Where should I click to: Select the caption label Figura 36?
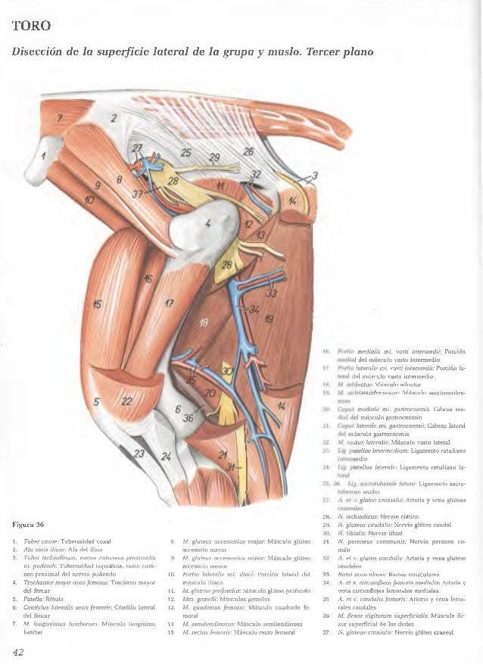[x=30, y=523]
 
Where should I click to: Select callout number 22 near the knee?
[x=126, y=401]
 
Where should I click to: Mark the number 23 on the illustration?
[x=139, y=453]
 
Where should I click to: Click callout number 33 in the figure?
[x=272, y=295]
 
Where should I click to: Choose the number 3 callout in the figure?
[x=314, y=177]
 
